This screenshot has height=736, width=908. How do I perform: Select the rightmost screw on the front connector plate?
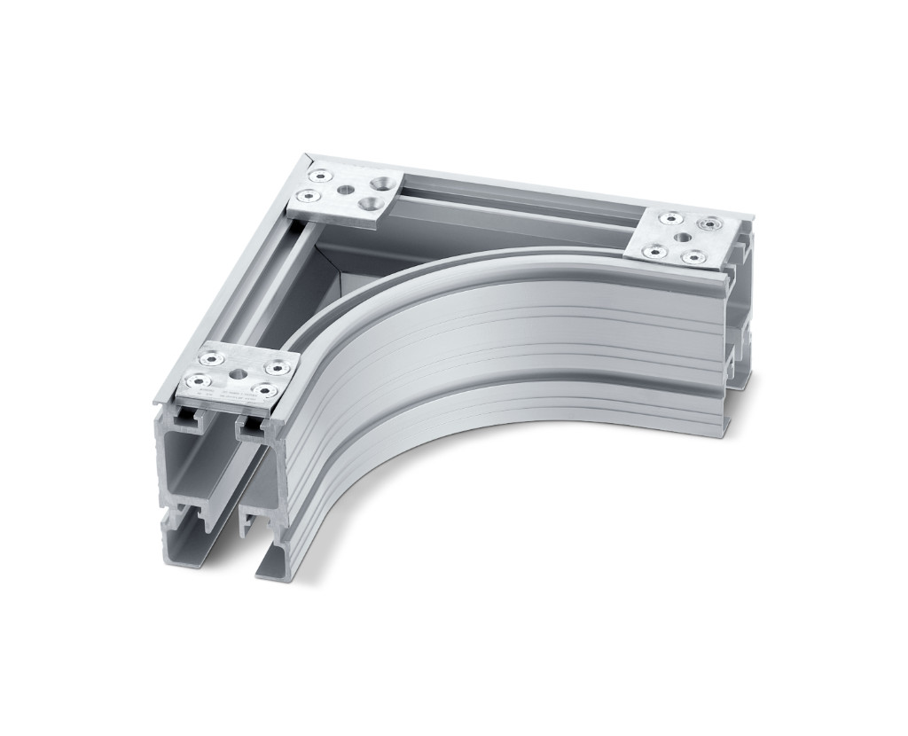click(x=282, y=366)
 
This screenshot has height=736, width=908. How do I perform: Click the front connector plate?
click(x=238, y=376)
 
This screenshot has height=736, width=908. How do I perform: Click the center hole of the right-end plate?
click(x=682, y=238)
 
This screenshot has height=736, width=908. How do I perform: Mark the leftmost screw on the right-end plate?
click(x=652, y=250)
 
